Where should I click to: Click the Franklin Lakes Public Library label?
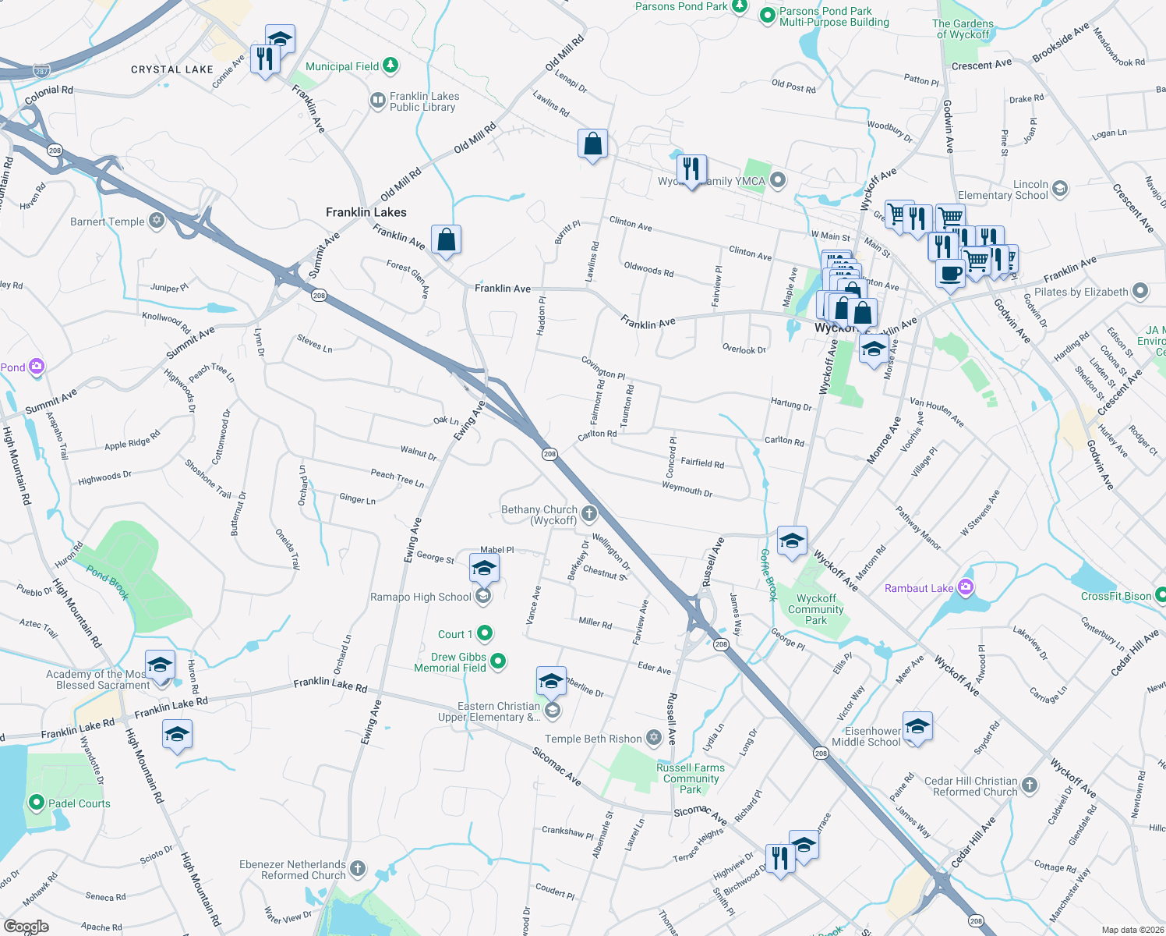click(x=424, y=101)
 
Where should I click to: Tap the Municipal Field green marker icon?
click(x=390, y=66)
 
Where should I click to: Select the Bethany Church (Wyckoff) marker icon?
click(x=589, y=513)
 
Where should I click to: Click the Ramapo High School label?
click(x=421, y=597)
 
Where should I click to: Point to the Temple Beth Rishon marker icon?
click(x=654, y=738)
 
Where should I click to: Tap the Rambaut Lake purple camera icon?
click(x=965, y=587)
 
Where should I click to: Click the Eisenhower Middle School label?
click(x=866, y=736)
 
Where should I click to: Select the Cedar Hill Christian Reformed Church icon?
click(x=1030, y=785)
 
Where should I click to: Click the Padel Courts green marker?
click(x=36, y=803)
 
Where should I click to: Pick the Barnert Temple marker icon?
click(x=157, y=221)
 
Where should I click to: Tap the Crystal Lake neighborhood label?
click(x=171, y=69)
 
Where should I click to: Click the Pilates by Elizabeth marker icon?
click(x=1140, y=292)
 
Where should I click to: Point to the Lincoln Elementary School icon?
click(x=1059, y=188)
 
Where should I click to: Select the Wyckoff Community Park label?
click(x=815, y=609)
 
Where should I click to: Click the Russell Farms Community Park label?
click(x=691, y=778)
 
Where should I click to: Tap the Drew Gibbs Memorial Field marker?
click(x=498, y=661)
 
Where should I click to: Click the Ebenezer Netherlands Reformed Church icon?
click(x=357, y=868)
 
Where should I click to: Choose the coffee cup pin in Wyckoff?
click(x=950, y=275)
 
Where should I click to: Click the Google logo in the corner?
click(x=26, y=926)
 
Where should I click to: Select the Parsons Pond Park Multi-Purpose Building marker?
click(x=767, y=14)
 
